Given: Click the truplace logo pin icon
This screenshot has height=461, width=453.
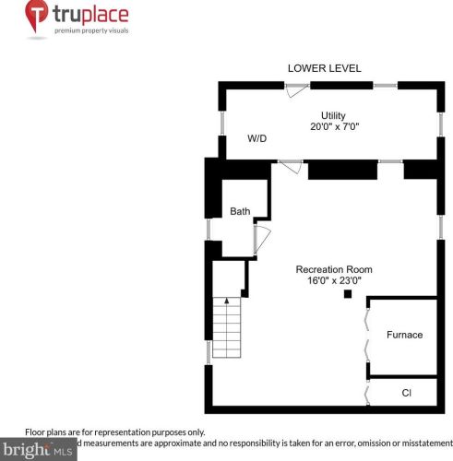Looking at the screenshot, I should pos(38,17).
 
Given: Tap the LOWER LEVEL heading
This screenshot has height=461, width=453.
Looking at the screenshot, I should pos(324,68).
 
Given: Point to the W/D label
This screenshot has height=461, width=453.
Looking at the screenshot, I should pos(256,138).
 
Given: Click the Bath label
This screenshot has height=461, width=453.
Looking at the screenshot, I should pos(240,212).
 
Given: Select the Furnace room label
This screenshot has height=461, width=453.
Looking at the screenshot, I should pos(404,335).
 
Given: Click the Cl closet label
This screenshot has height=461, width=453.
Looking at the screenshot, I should pos(406,393).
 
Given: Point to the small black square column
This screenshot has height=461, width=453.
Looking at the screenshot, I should pos(348,294).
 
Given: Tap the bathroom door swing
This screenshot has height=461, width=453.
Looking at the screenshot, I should pos(260,238).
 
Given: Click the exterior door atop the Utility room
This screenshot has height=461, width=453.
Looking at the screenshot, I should pos(296,89).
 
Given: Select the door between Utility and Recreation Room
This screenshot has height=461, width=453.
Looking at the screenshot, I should pos(290,165).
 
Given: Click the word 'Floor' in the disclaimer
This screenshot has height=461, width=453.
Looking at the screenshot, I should pos(35,431).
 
